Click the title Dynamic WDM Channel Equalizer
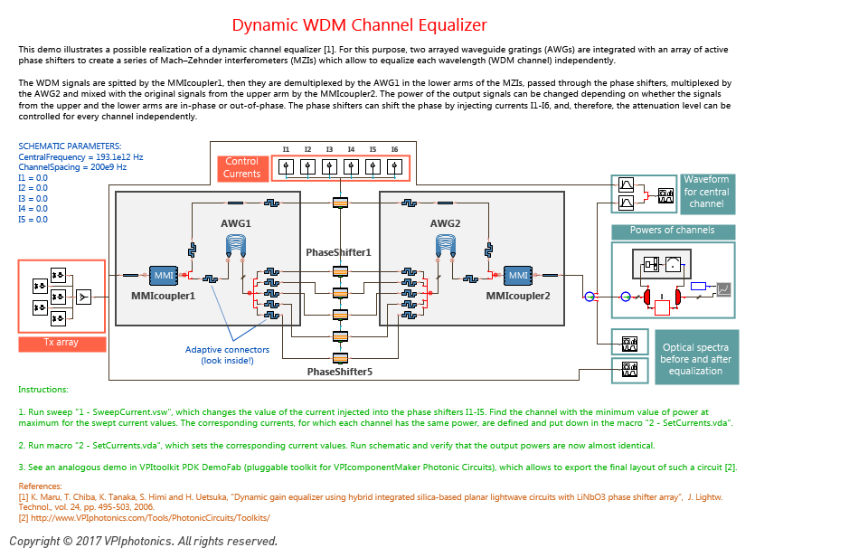(359, 25)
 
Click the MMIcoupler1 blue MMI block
(164, 275)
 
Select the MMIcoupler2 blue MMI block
(518, 275)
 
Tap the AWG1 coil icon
(236, 246)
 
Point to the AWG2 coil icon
(446, 246)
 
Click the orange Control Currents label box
(242, 168)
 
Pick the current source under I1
(286, 166)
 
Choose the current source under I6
(394, 166)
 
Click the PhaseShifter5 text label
(339, 372)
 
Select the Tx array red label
(61, 344)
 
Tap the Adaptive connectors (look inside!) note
(227, 355)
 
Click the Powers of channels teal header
(673, 231)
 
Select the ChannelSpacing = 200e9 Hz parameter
(72, 167)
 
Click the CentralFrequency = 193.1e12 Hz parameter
(80, 157)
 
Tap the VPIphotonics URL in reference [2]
(150, 518)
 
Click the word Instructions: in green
(43, 390)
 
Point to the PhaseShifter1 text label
(338, 252)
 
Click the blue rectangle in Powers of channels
(699, 287)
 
